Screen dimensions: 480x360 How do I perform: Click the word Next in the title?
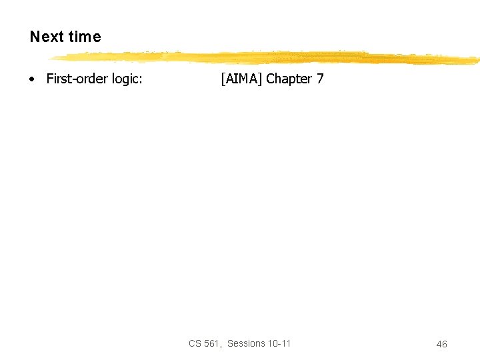[45, 37]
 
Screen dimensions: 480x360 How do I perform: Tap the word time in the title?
[83, 37]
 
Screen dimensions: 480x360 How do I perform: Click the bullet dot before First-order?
[31, 79]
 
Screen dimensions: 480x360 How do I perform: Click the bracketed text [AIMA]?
[241, 79]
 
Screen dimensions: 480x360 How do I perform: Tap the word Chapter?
[289, 79]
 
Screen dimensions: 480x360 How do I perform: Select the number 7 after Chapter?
[320, 79]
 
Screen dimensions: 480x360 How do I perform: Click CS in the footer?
[195, 343]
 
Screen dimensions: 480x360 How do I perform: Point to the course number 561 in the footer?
[211, 343]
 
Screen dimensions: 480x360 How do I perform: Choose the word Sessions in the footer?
[246, 343]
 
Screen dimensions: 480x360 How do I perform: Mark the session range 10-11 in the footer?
[279, 343]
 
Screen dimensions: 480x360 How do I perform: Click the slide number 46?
[441, 344]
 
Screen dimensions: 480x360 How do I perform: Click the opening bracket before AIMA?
[222, 79]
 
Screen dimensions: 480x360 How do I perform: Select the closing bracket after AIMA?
[261, 79]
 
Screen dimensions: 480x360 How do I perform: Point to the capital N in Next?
[35, 37]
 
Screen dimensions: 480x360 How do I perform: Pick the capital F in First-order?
[49, 79]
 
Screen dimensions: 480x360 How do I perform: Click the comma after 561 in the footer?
[221, 346]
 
